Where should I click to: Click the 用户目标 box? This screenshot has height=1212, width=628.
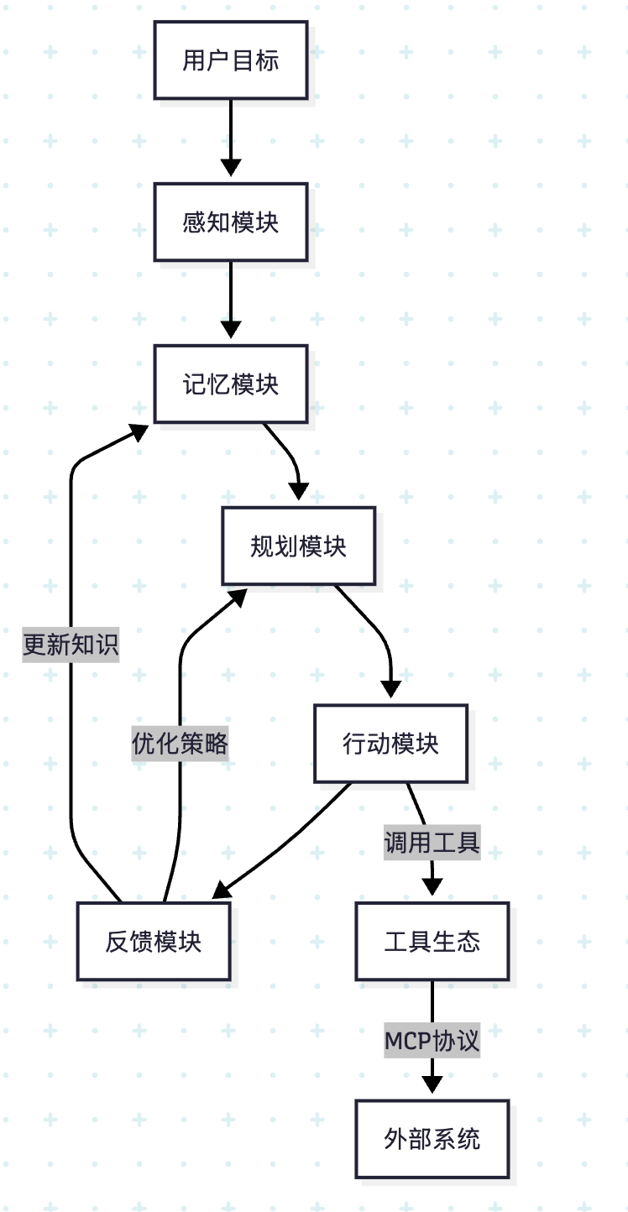point(231,60)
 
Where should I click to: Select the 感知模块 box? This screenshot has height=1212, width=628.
point(231,222)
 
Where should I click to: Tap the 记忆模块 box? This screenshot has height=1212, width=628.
point(231,384)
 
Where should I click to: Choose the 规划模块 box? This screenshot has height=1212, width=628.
point(298,546)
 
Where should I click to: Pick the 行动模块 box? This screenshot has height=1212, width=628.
point(390,744)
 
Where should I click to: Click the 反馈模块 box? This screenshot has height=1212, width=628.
point(153,942)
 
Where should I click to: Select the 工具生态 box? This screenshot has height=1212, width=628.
point(432,942)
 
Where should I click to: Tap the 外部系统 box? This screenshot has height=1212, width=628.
point(432,1139)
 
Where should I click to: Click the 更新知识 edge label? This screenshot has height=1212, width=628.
point(71,645)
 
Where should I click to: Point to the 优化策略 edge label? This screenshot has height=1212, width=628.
point(180,744)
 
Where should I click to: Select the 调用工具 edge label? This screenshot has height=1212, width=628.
point(432,843)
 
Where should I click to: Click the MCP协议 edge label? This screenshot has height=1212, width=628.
point(432,1040)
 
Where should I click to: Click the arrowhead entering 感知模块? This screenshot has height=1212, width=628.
point(231,168)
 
